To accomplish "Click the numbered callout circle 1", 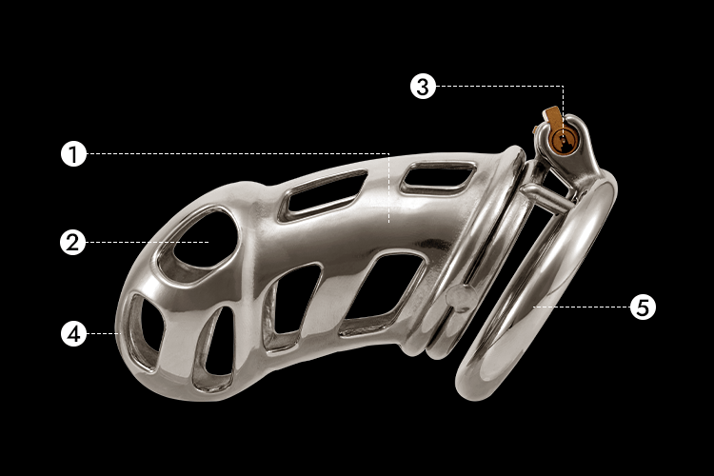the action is coord(73,154).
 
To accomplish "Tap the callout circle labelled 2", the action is coord(73,243).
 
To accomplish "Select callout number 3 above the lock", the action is coord(423,86).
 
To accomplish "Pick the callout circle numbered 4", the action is coord(73,333).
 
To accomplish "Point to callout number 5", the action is coord(643,307).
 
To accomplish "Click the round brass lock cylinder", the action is coord(562,140).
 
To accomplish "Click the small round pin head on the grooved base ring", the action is coord(461,299).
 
